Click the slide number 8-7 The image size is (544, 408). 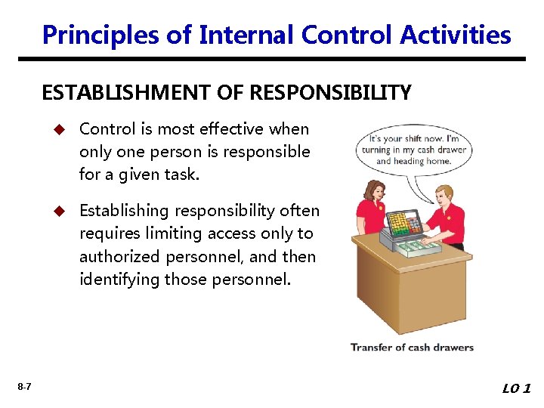coord(23,387)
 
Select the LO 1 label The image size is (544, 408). coord(517,388)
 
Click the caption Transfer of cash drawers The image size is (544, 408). coord(412,348)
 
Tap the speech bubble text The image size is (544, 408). coord(414,150)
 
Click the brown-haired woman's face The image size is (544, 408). coord(375,193)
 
